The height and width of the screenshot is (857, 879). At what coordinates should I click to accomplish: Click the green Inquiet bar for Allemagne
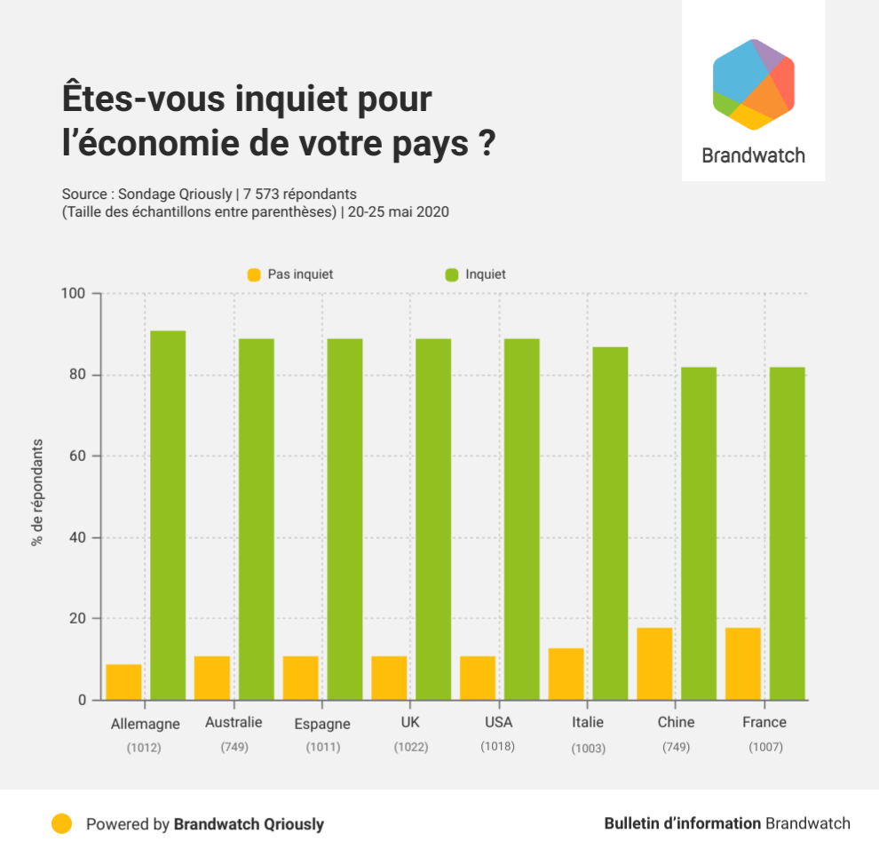[168, 515]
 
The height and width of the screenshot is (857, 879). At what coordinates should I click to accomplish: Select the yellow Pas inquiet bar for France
[743, 663]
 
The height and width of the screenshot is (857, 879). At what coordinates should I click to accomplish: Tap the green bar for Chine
[699, 533]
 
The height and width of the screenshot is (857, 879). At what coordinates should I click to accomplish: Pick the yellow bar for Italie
[566, 674]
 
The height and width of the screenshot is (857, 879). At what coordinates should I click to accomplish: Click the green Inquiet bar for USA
[522, 519]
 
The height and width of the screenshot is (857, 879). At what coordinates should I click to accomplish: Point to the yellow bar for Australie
[212, 678]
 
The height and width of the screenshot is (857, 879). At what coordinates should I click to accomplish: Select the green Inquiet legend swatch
[450, 275]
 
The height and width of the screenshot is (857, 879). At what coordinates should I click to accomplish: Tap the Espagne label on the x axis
[322, 724]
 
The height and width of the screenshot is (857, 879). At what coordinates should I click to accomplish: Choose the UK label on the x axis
[411, 722]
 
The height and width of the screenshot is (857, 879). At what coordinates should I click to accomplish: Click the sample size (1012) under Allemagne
[144, 748]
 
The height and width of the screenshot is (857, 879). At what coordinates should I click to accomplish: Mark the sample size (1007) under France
[764, 747]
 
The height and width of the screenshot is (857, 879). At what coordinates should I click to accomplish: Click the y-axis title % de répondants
[37, 492]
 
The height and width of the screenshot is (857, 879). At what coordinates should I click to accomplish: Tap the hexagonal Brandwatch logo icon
[753, 84]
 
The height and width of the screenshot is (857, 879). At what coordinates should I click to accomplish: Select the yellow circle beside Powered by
[61, 823]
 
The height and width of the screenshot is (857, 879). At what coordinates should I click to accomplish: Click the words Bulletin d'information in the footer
[682, 823]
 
